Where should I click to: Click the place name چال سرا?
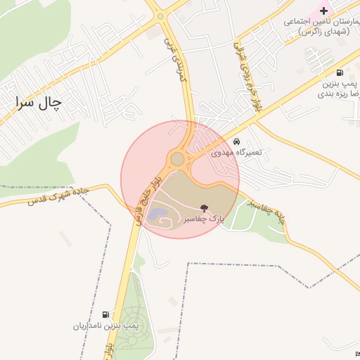coord(37,103)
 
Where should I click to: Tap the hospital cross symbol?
coord(323,11)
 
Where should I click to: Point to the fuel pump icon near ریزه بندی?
coord(340,72)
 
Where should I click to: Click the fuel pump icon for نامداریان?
coord(106,314)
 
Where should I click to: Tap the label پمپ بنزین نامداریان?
coord(107,326)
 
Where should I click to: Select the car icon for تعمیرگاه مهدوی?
coord(236,141)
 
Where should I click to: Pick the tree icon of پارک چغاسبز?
coord(204,208)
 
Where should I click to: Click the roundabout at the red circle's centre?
coord(177,160)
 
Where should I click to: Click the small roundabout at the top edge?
coord(160,15)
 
